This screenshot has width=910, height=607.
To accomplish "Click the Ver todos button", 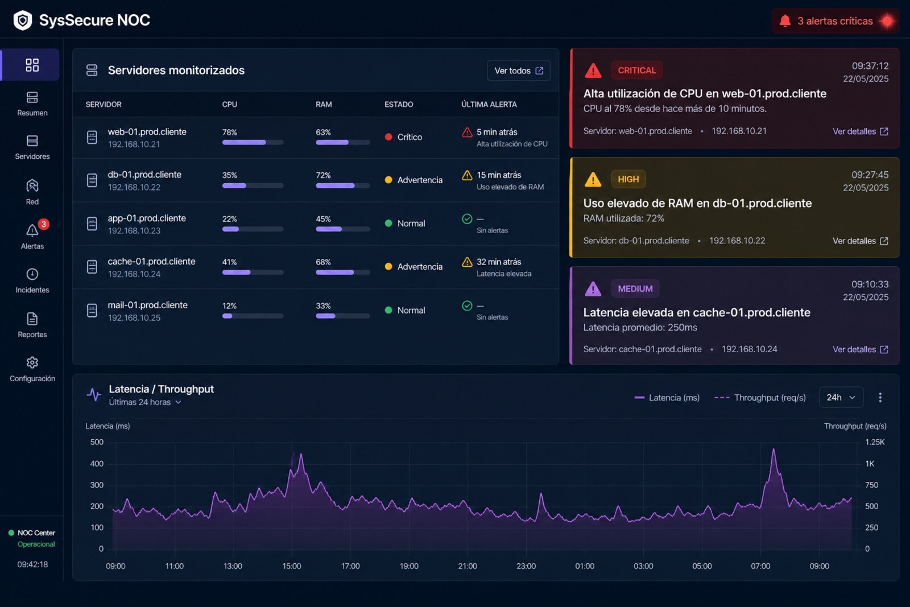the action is click(x=518, y=71).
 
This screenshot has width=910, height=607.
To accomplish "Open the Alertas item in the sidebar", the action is click(x=32, y=236).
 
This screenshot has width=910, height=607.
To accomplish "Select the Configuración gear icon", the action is click(x=32, y=362).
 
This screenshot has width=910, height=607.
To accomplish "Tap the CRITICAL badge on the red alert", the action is click(x=636, y=71).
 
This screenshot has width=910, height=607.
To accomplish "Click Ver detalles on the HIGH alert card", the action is click(x=860, y=241).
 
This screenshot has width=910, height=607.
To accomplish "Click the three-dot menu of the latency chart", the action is click(x=880, y=397).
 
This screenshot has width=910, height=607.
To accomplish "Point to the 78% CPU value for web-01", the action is click(x=230, y=133).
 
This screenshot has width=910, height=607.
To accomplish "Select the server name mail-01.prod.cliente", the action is click(x=147, y=305).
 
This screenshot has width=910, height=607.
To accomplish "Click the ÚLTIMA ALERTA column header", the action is click(x=489, y=105).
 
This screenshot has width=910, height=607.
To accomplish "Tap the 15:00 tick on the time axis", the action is click(x=292, y=566).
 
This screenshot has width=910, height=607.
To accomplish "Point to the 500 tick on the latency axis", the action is click(x=97, y=442).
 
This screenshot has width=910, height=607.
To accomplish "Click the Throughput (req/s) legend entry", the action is click(x=760, y=398).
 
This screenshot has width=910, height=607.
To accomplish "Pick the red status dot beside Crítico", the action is click(x=388, y=137).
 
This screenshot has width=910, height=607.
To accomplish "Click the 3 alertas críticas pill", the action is click(x=835, y=20).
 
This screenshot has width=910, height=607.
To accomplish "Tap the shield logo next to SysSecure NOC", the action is click(x=23, y=20).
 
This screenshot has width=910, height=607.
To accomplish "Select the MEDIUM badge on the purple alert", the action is click(x=635, y=289).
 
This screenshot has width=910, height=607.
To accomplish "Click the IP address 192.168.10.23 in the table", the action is click(x=134, y=231).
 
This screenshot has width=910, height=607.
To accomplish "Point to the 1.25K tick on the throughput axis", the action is click(x=875, y=442).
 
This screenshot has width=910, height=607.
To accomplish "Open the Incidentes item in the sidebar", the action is click(x=32, y=281).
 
